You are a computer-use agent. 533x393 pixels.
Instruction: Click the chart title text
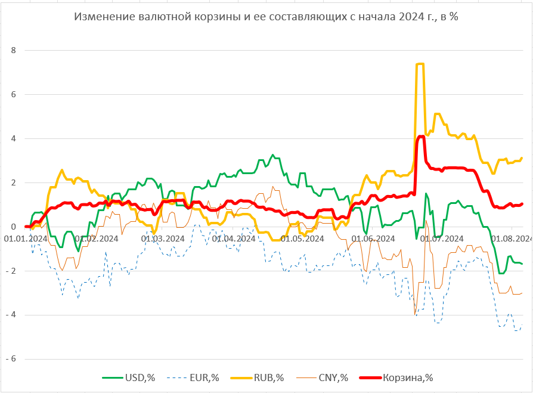point(266,17)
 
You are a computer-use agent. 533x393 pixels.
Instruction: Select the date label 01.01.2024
point(26,239)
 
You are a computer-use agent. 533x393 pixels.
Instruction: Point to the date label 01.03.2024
point(163,239)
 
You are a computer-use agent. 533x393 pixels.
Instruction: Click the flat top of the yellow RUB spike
point(420,64)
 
